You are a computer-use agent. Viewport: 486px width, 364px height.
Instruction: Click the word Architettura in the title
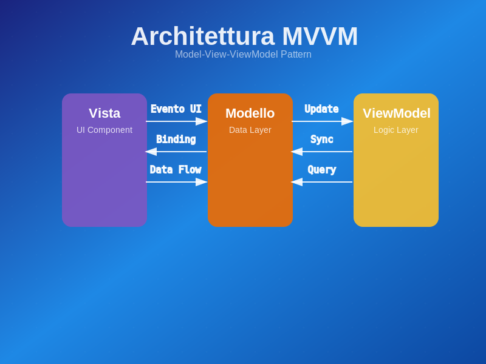tap(202, 36)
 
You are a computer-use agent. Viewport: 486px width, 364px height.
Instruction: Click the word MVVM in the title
tap(320, 36)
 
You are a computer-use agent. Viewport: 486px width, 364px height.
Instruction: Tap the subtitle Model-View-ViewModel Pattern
tap(243, 55)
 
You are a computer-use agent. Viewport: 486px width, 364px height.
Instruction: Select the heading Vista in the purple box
tap(104, 113)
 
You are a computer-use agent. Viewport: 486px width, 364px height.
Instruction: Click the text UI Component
tap(104, 130)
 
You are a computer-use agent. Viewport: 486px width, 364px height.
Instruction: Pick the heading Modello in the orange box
tap(250, 113)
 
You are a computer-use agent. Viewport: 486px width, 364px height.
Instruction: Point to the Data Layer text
tap(250, 130)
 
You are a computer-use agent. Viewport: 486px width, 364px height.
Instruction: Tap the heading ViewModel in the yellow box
tap(396, 113)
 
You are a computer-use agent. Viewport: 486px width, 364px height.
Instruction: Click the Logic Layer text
tap(396, 130)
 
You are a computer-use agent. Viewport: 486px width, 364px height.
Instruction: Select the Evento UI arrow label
tap(176, 109)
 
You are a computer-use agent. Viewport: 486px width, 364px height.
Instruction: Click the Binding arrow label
tap(176, 140)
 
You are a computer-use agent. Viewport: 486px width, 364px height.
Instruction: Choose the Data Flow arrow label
tap(176, 170)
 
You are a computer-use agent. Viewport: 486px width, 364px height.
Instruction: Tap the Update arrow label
tap(321, 109)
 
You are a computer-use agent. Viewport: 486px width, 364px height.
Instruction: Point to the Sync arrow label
tap(322, 140)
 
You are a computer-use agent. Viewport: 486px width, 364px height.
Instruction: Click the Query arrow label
tap(322, 170)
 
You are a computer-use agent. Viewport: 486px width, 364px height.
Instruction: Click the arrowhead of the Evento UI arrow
tap(202, 121)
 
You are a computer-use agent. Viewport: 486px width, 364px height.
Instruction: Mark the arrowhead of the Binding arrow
tap(151, 152)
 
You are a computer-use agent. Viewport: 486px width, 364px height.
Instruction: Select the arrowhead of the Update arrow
tap(347, 121)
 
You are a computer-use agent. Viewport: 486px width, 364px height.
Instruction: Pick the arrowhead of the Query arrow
tap(297, 182)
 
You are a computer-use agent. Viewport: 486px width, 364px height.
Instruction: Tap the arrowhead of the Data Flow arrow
tap(202, 182)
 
